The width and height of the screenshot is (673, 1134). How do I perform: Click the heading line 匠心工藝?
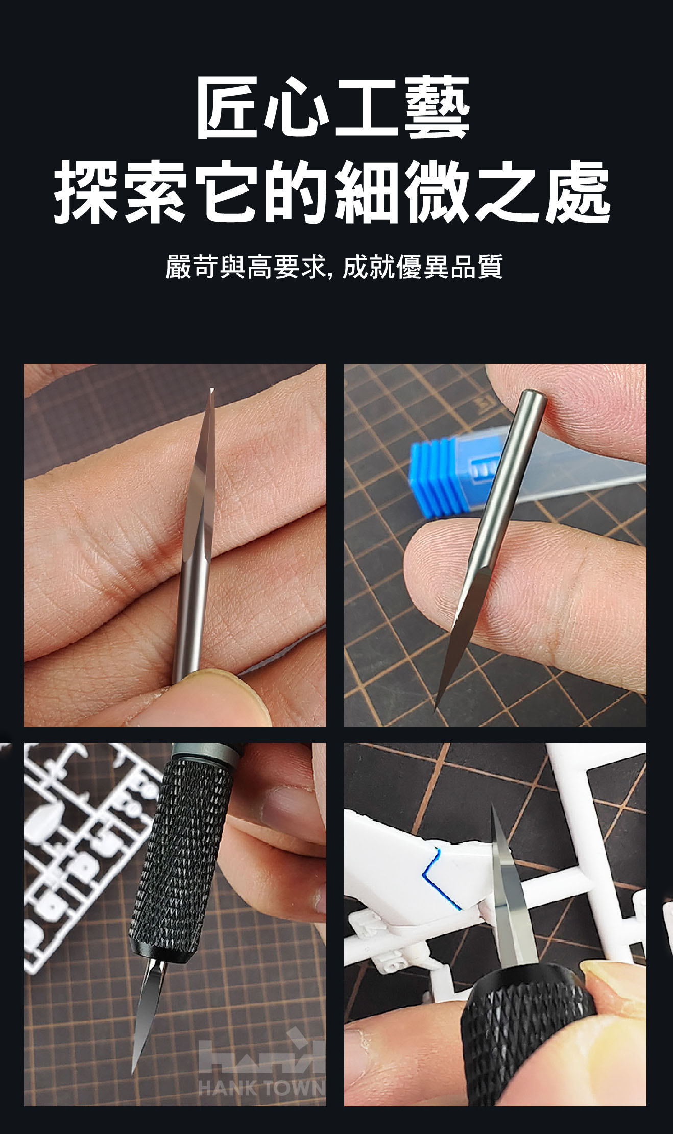[333, 108]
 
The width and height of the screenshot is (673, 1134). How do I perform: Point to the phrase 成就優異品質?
[423, 267]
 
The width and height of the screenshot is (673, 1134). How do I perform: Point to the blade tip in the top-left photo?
[211, 389]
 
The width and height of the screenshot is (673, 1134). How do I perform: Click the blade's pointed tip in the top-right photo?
[435, 711]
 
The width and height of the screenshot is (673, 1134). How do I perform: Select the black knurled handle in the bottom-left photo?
[173, 853]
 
